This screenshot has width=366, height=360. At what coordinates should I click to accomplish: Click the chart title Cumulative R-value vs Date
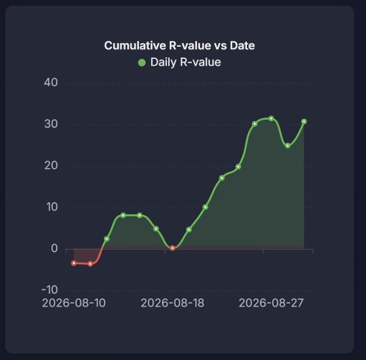(179, 45)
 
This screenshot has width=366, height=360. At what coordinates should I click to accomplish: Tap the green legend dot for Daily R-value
(142, 62)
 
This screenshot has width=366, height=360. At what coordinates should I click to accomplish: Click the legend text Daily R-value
(185, 62)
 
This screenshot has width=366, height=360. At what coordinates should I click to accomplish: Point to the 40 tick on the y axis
(51, 83)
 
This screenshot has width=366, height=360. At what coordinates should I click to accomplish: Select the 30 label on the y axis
(51, 124)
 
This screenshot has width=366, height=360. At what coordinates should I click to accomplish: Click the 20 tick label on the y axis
(51, 165)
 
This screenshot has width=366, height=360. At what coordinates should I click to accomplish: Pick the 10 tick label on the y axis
(52, 207)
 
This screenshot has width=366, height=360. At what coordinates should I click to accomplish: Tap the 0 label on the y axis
(54, 248)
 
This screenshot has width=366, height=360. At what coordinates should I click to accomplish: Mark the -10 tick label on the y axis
(50, 289)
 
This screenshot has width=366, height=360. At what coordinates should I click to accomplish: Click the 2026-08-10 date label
(74, 303)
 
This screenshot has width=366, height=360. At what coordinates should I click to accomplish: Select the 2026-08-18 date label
(173, 303)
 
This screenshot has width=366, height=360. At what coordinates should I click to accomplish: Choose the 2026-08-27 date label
(271, 303)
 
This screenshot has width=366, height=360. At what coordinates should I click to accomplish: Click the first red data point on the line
(74, 263)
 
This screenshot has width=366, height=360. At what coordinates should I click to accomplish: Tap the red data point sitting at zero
(173, 248)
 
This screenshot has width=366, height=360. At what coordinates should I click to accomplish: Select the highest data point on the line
(272, 118)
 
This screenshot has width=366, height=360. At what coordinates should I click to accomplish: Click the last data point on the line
(304, 121)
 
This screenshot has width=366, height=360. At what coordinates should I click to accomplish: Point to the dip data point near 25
(288, 146)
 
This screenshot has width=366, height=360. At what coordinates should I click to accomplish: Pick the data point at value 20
(238, 167)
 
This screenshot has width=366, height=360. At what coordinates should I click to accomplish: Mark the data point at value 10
(205, 207)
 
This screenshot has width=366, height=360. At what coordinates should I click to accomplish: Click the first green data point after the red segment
(106, 239)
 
